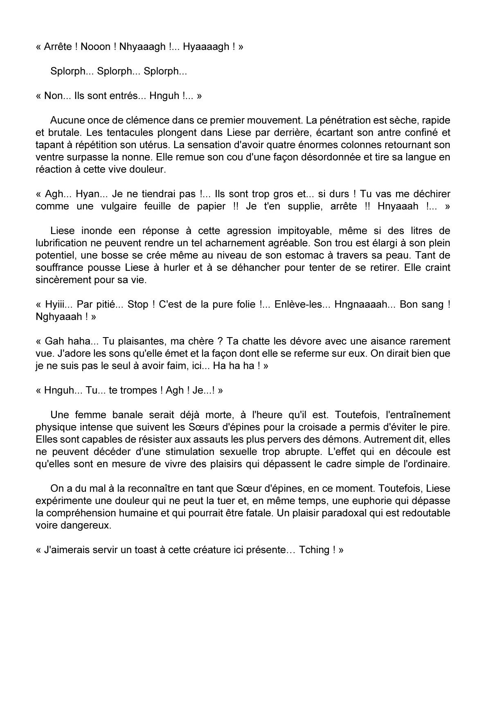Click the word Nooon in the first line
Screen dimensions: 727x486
(96, 47)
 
